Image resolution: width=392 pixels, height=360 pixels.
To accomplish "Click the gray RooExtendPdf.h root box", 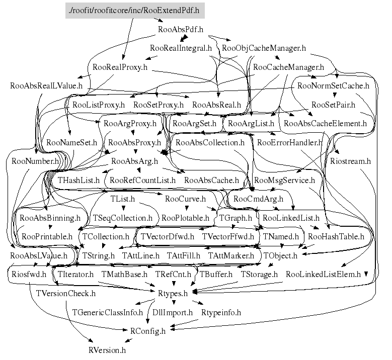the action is (135, 11).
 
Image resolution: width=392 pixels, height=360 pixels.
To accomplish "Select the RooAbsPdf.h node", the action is (181, 30).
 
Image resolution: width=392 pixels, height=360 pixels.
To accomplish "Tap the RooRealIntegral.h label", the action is (181, 48).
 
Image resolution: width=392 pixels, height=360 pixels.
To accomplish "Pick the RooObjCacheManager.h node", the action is (264, 48).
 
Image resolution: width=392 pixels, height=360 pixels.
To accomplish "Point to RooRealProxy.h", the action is (120, 67).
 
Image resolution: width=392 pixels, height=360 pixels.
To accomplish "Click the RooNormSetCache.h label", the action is (333, 85).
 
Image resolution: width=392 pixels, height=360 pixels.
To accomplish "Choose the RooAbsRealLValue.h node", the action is (46, 85).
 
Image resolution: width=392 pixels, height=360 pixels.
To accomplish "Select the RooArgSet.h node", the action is (195, 123).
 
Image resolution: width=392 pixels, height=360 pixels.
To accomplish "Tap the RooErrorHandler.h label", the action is (290, 142).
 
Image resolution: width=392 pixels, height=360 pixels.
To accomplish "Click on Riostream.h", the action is (351, 161).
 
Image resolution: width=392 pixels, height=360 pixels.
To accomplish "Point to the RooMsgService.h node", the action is (284, 180).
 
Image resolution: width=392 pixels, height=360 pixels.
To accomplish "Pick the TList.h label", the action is (122, 199).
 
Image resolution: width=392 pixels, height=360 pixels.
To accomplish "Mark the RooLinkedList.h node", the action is (291, 218).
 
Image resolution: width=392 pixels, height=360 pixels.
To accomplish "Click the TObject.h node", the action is (280, 255).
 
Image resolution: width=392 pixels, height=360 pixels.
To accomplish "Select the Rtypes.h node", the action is (173, 293).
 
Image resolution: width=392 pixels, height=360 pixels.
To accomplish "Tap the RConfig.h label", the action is (148, 331).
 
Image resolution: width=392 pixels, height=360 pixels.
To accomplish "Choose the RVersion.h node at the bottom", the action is (107, 350).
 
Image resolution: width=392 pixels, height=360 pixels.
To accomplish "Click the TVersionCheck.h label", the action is (66, 293).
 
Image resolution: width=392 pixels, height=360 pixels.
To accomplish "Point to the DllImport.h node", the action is (173, 312).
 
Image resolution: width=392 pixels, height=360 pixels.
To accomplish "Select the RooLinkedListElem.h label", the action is (323, 275).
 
